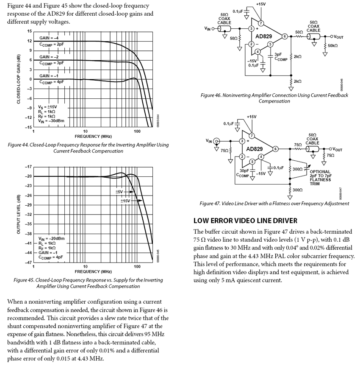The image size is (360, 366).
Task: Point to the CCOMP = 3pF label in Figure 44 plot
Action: tap(52, 62)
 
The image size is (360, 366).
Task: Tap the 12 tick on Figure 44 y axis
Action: tap(29, 41)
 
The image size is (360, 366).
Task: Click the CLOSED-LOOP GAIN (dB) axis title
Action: tap(18, 79)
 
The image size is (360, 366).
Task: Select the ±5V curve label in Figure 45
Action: tap(119, 192)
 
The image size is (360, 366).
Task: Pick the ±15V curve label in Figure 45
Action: tap(125, 201)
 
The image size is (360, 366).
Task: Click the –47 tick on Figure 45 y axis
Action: tap(28, 263)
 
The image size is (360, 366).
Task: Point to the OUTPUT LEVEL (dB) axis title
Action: tap(18, 214)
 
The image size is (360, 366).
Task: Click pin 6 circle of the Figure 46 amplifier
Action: tap(285, 36)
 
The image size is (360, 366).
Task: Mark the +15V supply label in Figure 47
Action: tap(252, 117)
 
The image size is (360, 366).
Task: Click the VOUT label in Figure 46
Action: tap(337, 37)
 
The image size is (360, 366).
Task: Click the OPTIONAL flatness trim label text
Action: tap(320, 171)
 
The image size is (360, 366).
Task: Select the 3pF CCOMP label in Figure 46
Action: tap(278, 57)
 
